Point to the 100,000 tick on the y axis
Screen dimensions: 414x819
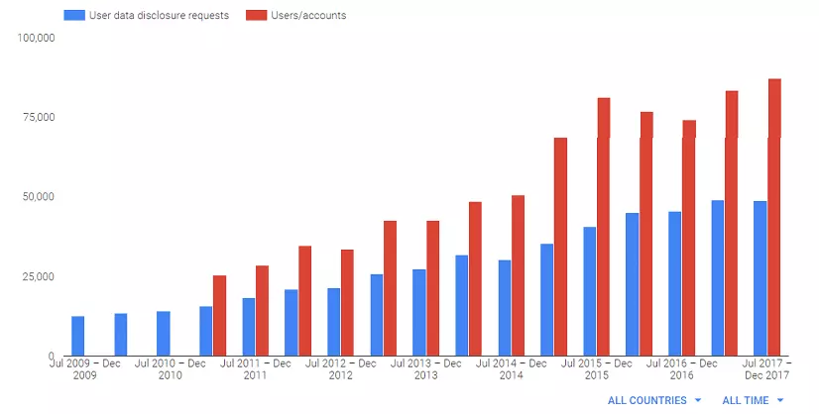tap(37, 38)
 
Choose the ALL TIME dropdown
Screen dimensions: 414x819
tap(753, 400)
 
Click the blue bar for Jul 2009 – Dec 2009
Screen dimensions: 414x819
tap(77, 336)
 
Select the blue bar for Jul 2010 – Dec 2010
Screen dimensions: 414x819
tap(163, 334)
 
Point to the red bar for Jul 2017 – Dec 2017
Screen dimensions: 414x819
tap(773, 217)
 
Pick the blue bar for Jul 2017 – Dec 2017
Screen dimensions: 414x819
tap(760, 278)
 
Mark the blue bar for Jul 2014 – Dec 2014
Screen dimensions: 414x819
tap(504, 308)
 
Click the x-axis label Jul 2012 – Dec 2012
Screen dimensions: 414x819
tap(340, 368)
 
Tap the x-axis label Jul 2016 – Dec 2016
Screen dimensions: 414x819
tap(681, 368)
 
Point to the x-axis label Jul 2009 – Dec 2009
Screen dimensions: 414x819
tap(84, 368)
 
